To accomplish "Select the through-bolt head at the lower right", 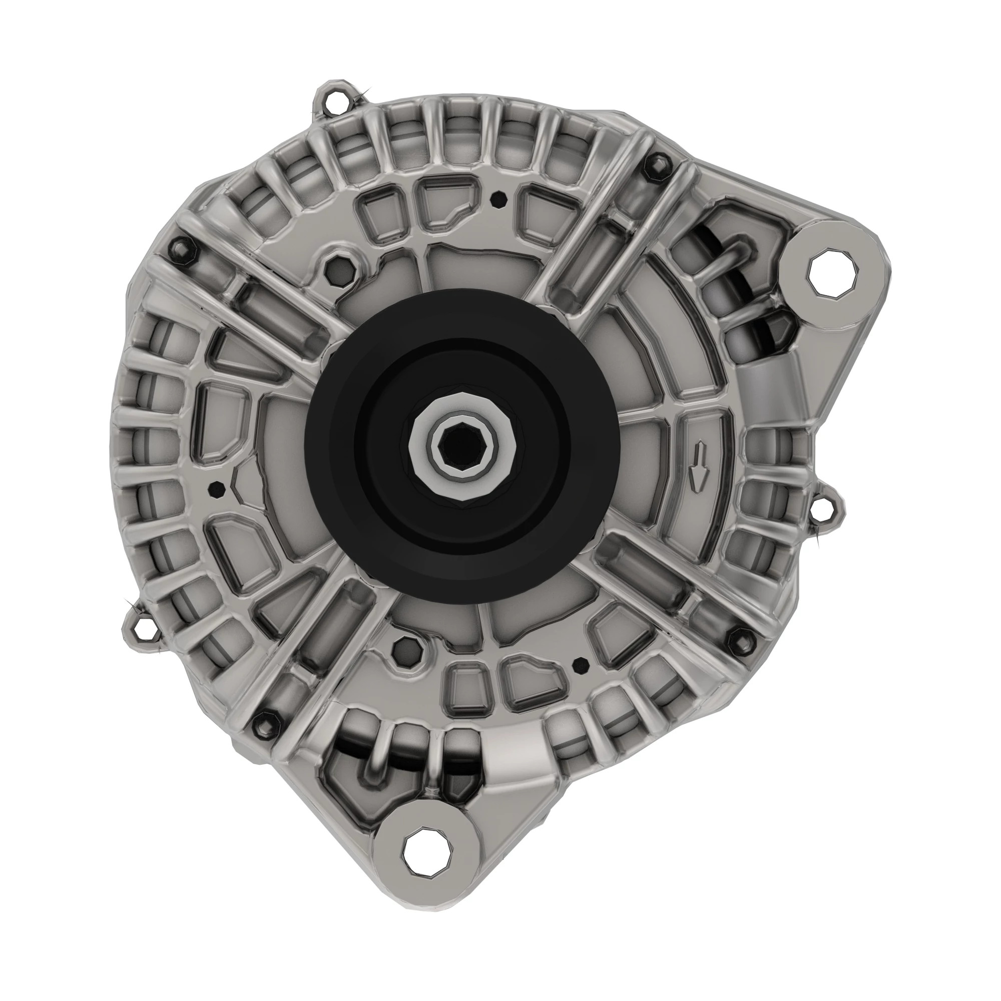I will click(739, 638).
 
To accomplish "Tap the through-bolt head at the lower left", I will click(266, 720).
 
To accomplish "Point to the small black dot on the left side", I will click(216, 487).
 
